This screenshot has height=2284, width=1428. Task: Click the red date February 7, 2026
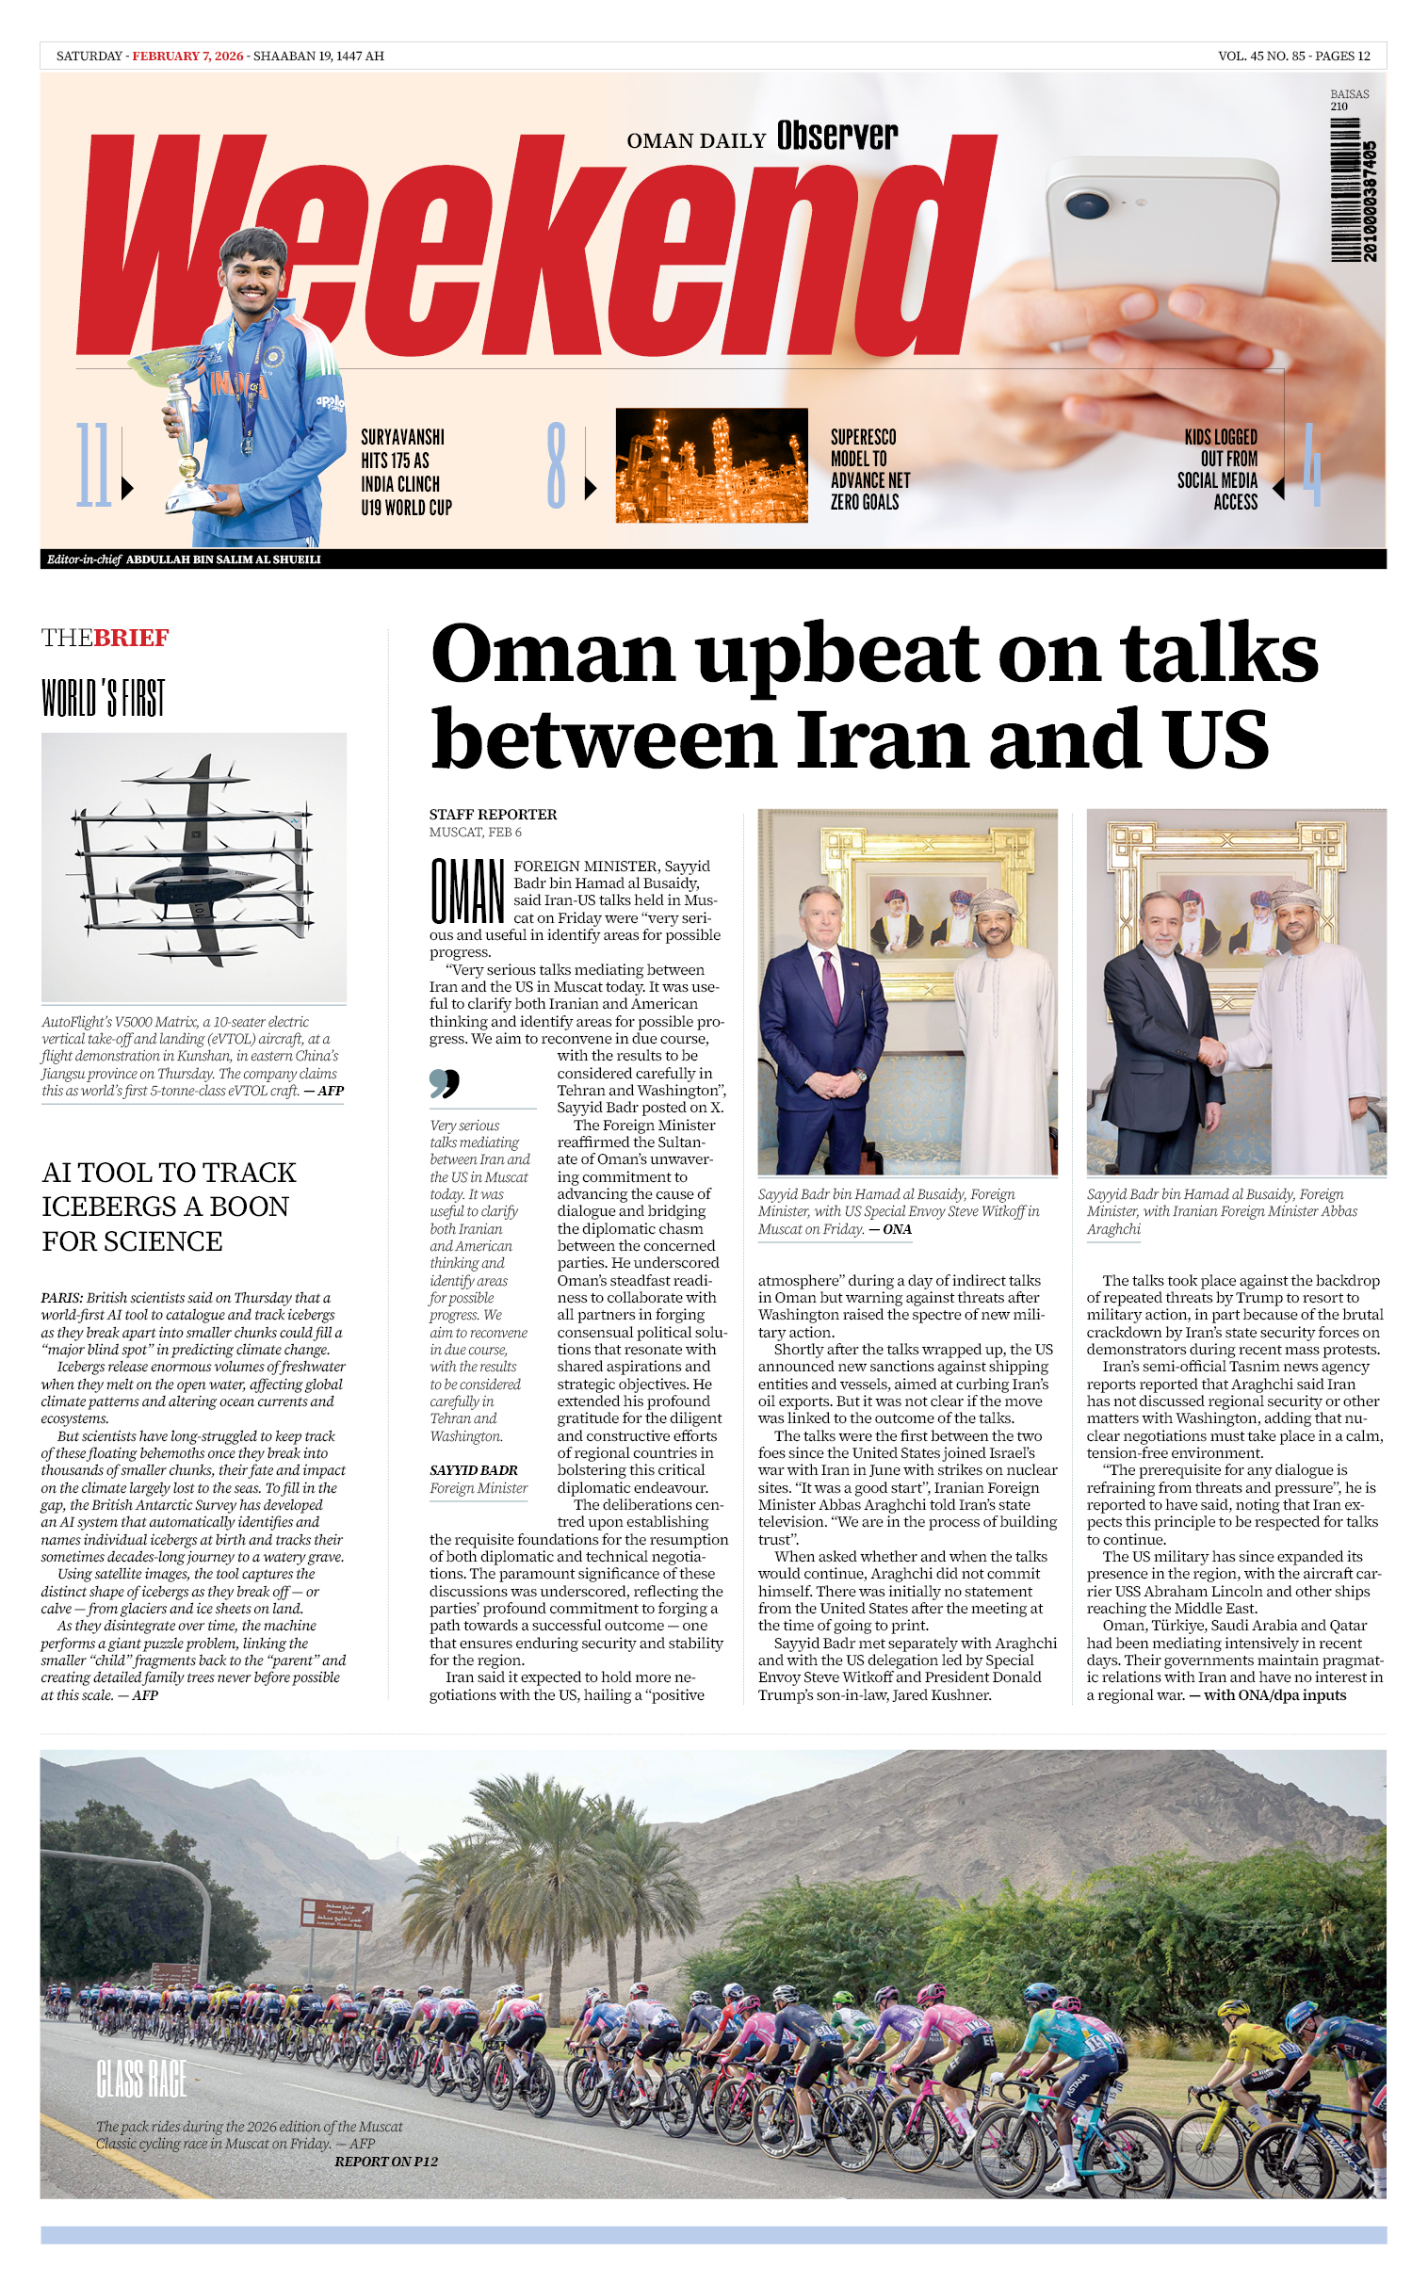point(187,56)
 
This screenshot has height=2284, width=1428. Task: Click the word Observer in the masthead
point(836,137)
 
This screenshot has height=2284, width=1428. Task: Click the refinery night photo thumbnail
point(711,464)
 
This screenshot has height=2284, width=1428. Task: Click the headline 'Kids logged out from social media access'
point(1219,468)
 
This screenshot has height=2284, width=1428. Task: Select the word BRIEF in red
point(131,638)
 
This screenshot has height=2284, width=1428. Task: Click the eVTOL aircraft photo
point(194,866)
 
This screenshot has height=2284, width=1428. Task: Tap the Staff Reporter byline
point(493,814)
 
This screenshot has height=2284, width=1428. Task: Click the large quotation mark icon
point(444,1083)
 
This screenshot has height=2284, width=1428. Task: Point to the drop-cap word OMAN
point(466,890)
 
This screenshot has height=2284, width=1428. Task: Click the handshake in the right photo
point(1210,1053)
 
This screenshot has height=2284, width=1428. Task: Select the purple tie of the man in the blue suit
point(831,986)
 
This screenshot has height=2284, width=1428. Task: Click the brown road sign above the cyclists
point(336,1914)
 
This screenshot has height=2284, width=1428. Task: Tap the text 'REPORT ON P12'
point(386,2162)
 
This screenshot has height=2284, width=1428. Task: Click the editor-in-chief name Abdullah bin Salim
point(223,559)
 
